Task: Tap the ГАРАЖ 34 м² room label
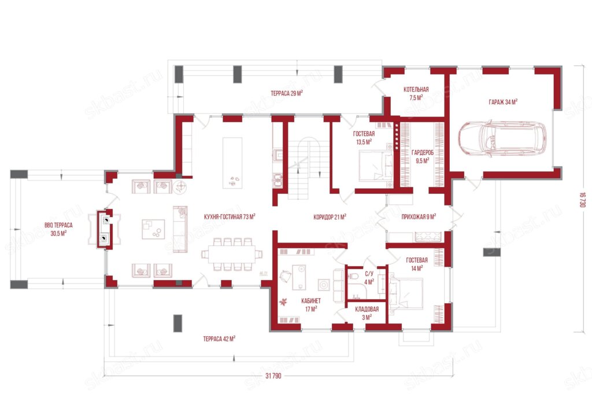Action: coord(503,102)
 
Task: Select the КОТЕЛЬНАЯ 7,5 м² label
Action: coord(416,93)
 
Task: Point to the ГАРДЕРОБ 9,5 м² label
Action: coord(423,156)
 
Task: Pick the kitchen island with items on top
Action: coord(232,163)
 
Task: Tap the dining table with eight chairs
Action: coord(232,254)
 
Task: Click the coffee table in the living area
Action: coord(153,229)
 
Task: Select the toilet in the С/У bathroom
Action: coord(353,275)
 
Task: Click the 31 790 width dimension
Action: coord(273,376)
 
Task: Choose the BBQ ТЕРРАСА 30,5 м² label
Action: coord(58,229)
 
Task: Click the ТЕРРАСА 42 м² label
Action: coord(219,339)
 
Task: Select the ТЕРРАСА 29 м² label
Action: coord(287,93)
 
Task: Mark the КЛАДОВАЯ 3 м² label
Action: coord(367,313)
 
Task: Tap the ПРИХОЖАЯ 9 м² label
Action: coord(419,217)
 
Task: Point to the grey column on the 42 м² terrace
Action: coord(177,324)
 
